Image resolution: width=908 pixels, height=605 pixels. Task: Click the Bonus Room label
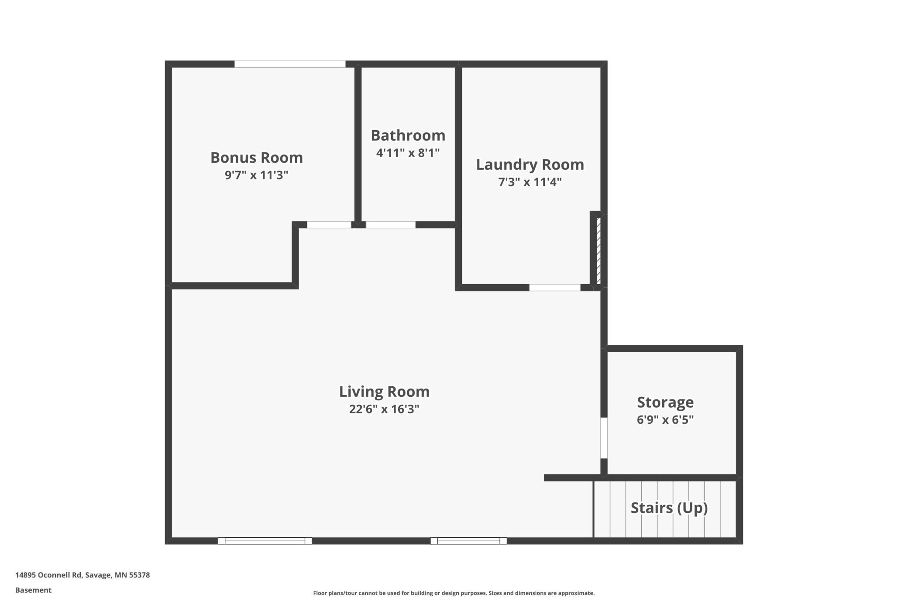click(x=257, y=158)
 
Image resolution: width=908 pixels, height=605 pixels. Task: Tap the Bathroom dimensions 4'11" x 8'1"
click(x=408, y=153)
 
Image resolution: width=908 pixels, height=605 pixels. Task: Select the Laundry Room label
click(x=530, y=165)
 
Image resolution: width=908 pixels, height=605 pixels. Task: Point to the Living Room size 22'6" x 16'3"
click(x=384, y=409)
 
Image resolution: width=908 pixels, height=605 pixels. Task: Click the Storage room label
click(x=665, y=402)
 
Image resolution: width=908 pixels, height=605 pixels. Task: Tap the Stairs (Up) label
click(x=669, y=508)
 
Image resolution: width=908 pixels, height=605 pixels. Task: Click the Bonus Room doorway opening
click(x=329, y=225)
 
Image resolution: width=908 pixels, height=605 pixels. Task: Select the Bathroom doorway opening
click(x=391, y=225)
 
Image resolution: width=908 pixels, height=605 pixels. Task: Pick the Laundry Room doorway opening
click(x=555, y=288)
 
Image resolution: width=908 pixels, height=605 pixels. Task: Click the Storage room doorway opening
click(x=604, y=438)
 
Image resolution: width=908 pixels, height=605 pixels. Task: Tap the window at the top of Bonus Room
click(x=290, y=64)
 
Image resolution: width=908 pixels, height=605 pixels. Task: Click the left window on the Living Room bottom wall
click(x=265, y=541)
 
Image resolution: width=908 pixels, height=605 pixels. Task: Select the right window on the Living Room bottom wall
click(x=468, y=541)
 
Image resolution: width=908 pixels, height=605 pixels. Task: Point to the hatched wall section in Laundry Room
click(x=599, y=251)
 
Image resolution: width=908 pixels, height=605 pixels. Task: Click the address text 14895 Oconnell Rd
click(x=48, y=575)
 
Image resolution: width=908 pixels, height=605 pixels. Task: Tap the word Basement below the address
click(x=33, y=590)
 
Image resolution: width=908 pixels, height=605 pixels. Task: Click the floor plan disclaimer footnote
click(x=454, y=593)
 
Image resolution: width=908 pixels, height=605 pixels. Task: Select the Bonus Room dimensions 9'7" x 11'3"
click(x=257, y=175)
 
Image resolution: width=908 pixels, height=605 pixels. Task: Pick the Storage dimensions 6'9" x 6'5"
click(x=665, y=419)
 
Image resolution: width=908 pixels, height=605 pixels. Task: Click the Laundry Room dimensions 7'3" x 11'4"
click(x=530, y=182)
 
